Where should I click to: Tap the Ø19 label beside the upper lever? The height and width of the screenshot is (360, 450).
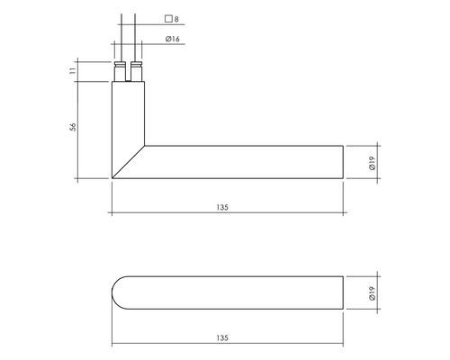coord(372,162)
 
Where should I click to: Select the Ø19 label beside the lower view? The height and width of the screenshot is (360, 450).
coord(372,292)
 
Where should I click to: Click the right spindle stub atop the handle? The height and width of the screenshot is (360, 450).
coord(137,69)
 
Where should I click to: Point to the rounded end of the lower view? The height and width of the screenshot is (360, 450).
coord(117,292)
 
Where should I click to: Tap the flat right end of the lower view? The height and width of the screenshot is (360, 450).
coord(344,292)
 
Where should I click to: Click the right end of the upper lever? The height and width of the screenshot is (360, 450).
coord(344,162)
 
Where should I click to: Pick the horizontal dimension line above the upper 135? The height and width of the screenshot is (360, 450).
coord(225,214)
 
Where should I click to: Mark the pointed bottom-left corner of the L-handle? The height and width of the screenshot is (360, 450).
coord(112,177)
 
